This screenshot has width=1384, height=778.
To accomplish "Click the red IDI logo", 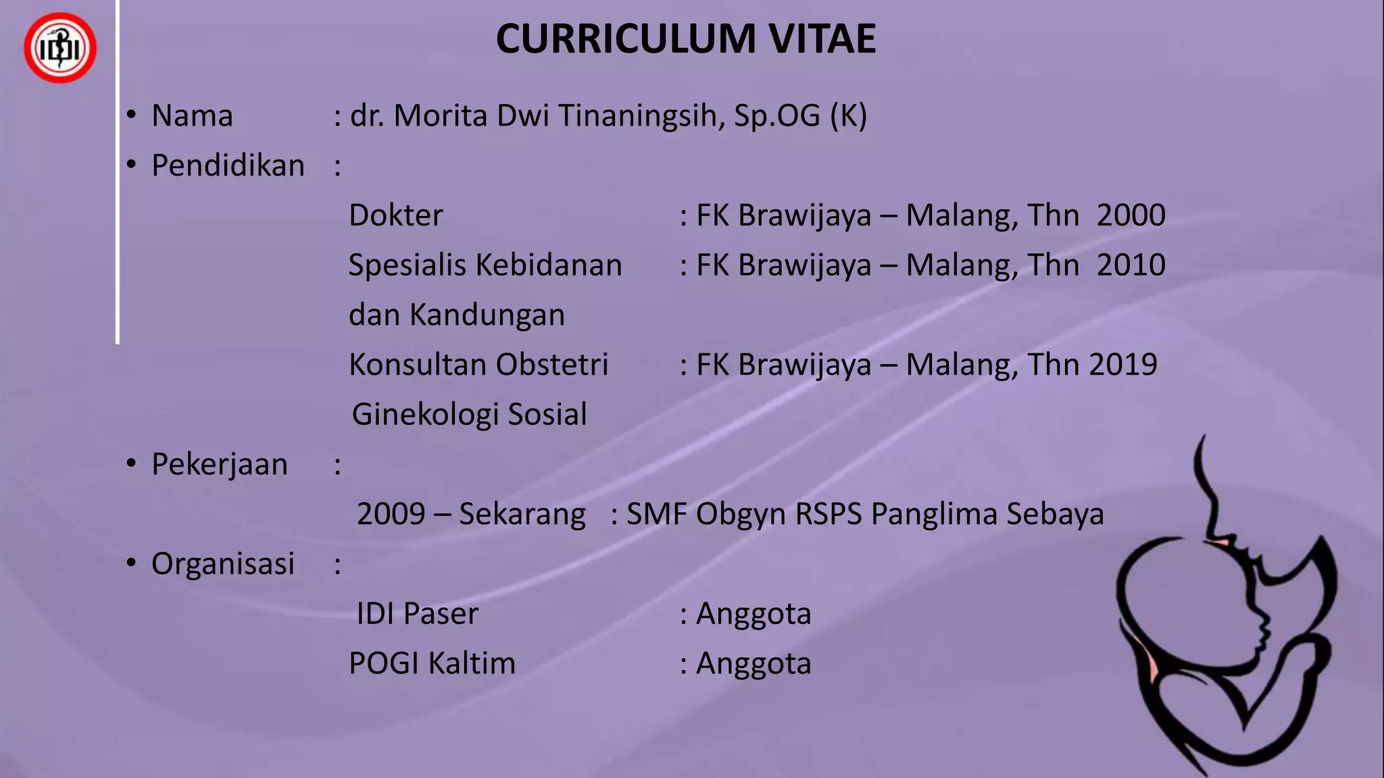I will pyautogui.click(x=60, y=48).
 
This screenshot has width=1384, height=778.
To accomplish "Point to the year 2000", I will pyautogui.click(x=1131, y=215).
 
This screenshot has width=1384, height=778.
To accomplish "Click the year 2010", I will pyautogui.click(x=1131, y=265).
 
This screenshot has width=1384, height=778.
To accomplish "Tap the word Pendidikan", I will pyautogui.click(x=228, y=166).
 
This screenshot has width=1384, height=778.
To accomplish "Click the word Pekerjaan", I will pyautogui.click(x=220, y=465).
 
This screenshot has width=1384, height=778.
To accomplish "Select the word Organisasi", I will pyautogui.click(x=223, y=565).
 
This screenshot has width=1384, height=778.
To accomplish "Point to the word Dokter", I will pyautogui.click(x=396, y=215).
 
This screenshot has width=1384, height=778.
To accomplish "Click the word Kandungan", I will pyautogui.click(x=487, y=315).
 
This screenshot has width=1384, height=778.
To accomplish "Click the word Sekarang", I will pyautogui.click(x=522, y=514).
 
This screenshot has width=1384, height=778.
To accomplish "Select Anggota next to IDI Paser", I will pyautogui.click(x=753, y=614).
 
